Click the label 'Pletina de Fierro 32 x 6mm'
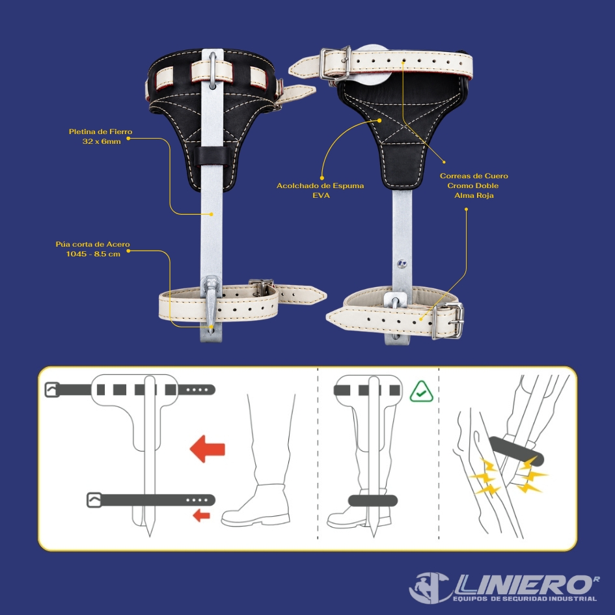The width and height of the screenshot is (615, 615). click(100, 137)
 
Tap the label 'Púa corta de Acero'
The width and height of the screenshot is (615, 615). click(92, 244)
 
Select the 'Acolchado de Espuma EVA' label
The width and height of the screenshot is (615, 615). click(320, 190)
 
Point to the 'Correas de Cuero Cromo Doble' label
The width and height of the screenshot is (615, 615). click(473, 181)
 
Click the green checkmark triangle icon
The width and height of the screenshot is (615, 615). click(421, 392)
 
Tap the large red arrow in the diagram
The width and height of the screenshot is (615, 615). click(208, 448)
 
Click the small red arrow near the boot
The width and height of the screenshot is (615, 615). click(202, 515)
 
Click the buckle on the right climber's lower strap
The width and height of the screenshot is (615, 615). click(448, 320)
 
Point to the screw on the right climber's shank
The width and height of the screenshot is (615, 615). click(402, 264)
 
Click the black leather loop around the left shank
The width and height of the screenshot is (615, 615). click(212, 156)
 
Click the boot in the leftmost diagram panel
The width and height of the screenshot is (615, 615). click(256, 506)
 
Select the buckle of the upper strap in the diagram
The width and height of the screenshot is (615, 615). click(52, 389)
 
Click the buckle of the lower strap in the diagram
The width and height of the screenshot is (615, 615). click(94, 500)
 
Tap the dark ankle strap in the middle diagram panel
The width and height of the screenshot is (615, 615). click(373, 500)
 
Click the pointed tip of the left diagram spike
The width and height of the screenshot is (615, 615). click(150, 536)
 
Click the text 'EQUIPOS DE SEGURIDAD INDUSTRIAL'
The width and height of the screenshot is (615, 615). click(525, 599)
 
